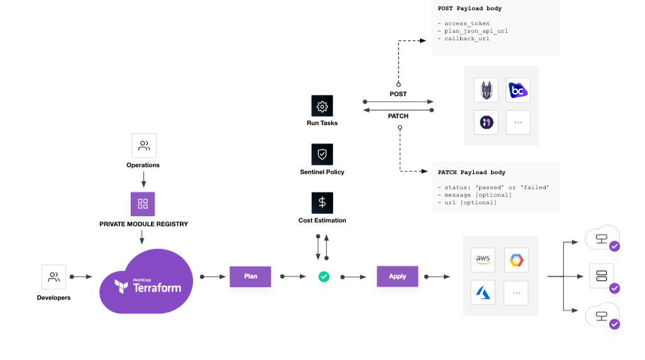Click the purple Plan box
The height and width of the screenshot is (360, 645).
(250, 276)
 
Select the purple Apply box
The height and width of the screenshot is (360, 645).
(397, 276)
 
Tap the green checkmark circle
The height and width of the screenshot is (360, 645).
(324, 276)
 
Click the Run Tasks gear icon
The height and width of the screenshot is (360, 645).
(322, 106)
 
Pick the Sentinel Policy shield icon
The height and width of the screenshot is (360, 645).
(322, 155)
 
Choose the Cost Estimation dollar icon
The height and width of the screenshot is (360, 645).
(322, 203)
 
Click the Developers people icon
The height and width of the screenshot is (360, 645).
(54, 277)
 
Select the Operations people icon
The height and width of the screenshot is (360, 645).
(143, 146)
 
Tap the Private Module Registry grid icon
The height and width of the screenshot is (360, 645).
(143, 204)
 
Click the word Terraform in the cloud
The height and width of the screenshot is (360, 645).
(157, 288)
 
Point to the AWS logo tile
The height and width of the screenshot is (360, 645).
(483, 259)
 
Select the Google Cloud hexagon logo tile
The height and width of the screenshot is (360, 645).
(516, 259)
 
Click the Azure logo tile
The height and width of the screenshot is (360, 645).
(483, 293)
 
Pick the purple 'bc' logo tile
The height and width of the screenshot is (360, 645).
(518, 90)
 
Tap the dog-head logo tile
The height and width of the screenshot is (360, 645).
(486, 90)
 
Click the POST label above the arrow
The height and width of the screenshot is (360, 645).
(398, 94)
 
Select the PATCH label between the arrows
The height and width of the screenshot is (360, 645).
(398, 116)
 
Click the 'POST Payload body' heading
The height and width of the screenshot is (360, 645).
(470, 9)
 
